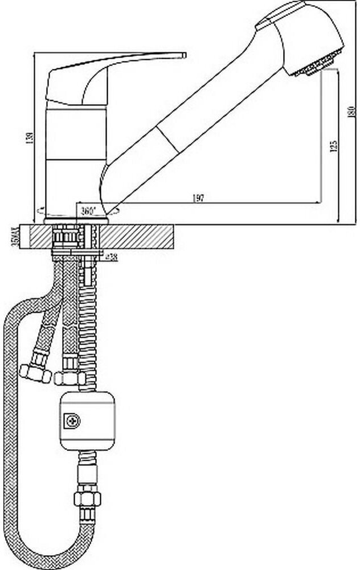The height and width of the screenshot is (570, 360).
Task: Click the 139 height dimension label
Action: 29,137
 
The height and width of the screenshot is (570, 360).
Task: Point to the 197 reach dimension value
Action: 198,198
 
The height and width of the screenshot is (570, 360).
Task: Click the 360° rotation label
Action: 88,210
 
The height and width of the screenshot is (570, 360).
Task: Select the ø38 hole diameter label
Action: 112,257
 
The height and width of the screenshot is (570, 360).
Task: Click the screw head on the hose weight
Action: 73,421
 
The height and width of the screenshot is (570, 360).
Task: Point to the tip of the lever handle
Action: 182,55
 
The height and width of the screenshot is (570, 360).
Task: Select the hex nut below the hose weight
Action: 87,499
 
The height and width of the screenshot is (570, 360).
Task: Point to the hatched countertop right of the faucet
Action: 142,235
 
